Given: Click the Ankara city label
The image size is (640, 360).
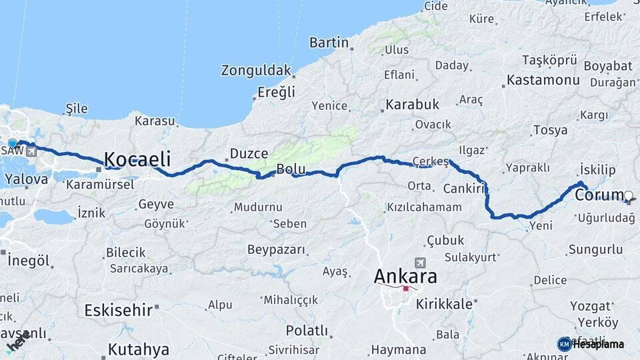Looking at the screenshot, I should point(405,276).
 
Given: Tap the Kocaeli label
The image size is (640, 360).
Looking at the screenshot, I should point(137,159).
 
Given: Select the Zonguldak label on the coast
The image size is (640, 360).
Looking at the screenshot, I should point(256,70).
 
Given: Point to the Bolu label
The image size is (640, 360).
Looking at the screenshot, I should point(291,169).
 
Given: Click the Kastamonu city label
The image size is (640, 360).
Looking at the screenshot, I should point(543,80).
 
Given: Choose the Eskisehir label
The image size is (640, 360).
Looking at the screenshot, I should point(119,310).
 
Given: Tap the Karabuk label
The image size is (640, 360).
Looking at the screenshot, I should point(412,105).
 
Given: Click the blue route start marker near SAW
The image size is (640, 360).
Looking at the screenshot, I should point(12,143).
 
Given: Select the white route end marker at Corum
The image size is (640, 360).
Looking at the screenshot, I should point(629,196).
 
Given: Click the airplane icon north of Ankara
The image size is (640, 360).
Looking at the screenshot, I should point(419,262).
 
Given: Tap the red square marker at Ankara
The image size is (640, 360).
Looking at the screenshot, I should point(405,289).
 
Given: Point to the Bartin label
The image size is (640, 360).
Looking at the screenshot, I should point(329,43).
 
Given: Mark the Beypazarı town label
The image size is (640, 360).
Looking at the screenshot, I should point(276,250).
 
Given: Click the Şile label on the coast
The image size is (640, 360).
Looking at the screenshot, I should point(77,108).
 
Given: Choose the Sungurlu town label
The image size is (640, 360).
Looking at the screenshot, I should point(595,250).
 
